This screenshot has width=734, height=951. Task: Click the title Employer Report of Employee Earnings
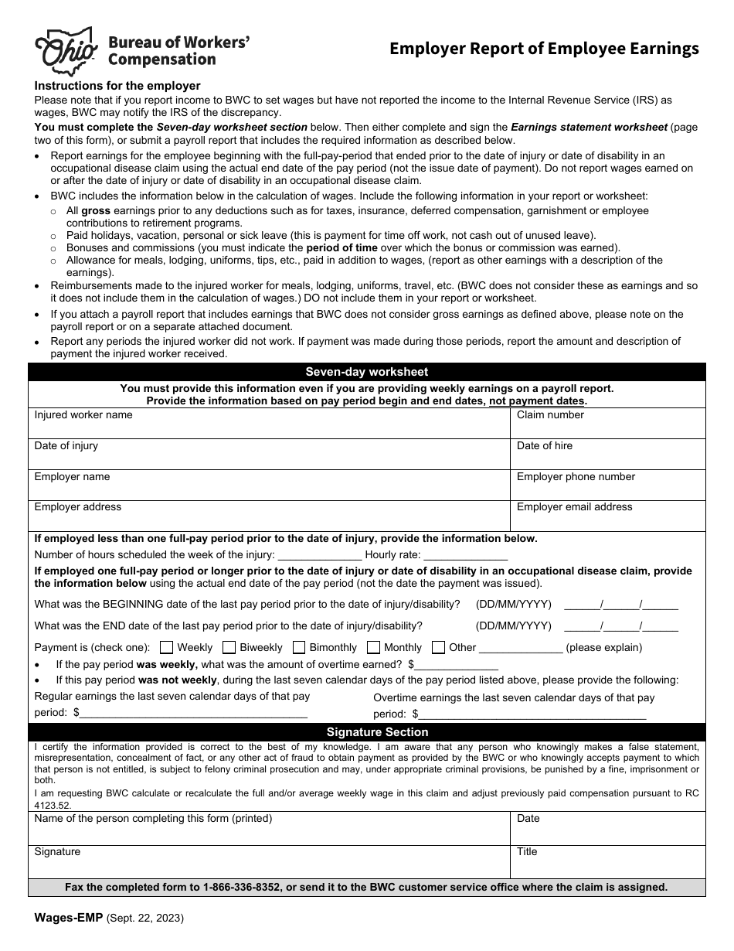(544, 49)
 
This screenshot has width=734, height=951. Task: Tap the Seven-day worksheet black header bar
(367, 372)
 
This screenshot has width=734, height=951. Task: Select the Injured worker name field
(269, 424)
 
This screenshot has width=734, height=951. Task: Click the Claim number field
(608, 424)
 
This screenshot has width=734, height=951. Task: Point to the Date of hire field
(608, 455)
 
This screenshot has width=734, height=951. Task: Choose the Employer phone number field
(608, 486)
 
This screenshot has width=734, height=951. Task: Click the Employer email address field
(608, 516)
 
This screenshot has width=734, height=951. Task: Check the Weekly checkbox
(166, 647)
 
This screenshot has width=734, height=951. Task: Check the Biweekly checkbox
(229, 647)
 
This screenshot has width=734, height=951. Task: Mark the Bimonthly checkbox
(297, 647)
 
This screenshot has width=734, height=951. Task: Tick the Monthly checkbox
(373, 647)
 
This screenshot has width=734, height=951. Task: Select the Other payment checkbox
(438, 647)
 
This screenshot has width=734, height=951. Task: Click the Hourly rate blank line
(466, 555)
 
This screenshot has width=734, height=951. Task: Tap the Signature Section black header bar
(367, 731)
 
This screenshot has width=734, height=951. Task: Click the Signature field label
(57, 851)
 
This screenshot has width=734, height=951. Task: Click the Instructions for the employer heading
(117, 86)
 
